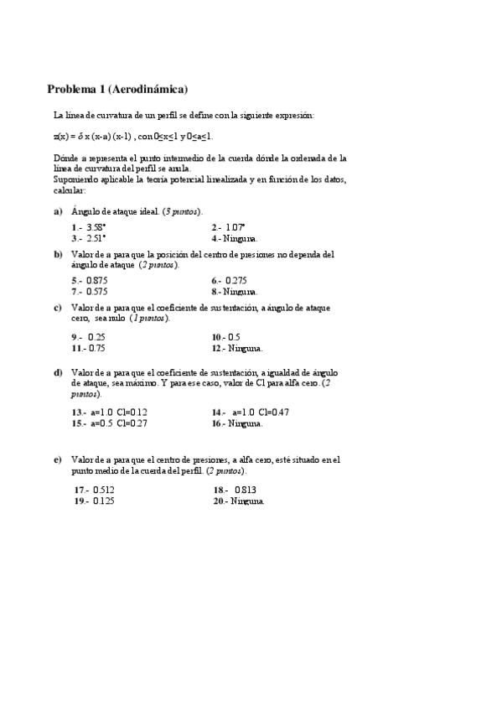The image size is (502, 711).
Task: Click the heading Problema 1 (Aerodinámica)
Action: pyautogui.click(x=117, y=88)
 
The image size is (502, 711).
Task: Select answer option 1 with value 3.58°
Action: pyautogui.click(x=89, y=227)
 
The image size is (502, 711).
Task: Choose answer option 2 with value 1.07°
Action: pyautogui.click(x=229, y=227)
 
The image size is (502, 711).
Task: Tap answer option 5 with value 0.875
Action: pyautogui.click(x=89, y=281)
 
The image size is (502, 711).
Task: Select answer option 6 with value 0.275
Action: pyautogui.click(x=229, y=281)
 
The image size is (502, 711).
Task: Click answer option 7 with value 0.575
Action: pyautogui.click(x=89, y=292)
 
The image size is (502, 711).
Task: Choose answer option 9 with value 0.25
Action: pyautogui.click(x=88, y=337)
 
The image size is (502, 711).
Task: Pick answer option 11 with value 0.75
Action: pyautogui.click(x=88, y=347)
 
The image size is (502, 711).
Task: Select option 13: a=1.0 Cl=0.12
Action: pyautogui.click(x=109, y=413)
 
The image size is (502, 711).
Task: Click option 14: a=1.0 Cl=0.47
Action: pyautogui.click(x=251, y=413)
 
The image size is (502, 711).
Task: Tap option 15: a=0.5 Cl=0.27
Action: pyautogui.click(x=109, y=423)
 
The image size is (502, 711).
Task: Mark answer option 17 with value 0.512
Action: pyautogui.click(x=94, y=490)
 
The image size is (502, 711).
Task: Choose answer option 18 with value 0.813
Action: pyautogui.click(x=235, y=490)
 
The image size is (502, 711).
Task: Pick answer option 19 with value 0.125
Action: pyautogui.click(x=94, y=501)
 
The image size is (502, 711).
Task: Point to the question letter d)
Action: pyautogui.click(x=58, y=372)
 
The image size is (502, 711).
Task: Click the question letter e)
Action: pyautogui.click(x=58, y=459)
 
